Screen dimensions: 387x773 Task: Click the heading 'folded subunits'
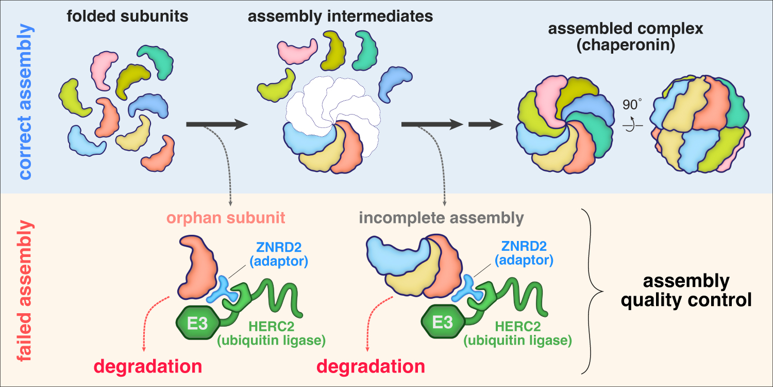(127, 17)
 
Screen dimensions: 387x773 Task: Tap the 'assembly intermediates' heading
(340, 17)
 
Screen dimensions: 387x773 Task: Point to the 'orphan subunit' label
(226, 218)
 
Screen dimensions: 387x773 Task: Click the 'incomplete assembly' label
(441, 218)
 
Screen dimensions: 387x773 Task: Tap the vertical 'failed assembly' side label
(24, 289)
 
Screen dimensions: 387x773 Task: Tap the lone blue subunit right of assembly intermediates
(396, 83)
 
